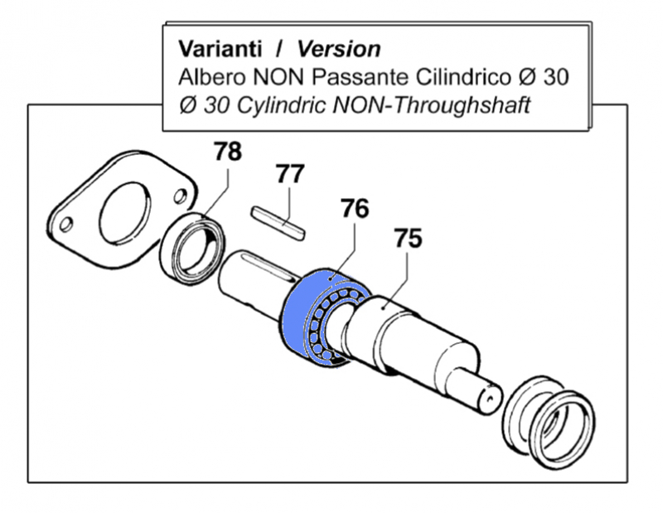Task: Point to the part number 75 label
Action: click(x=408, y=239)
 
